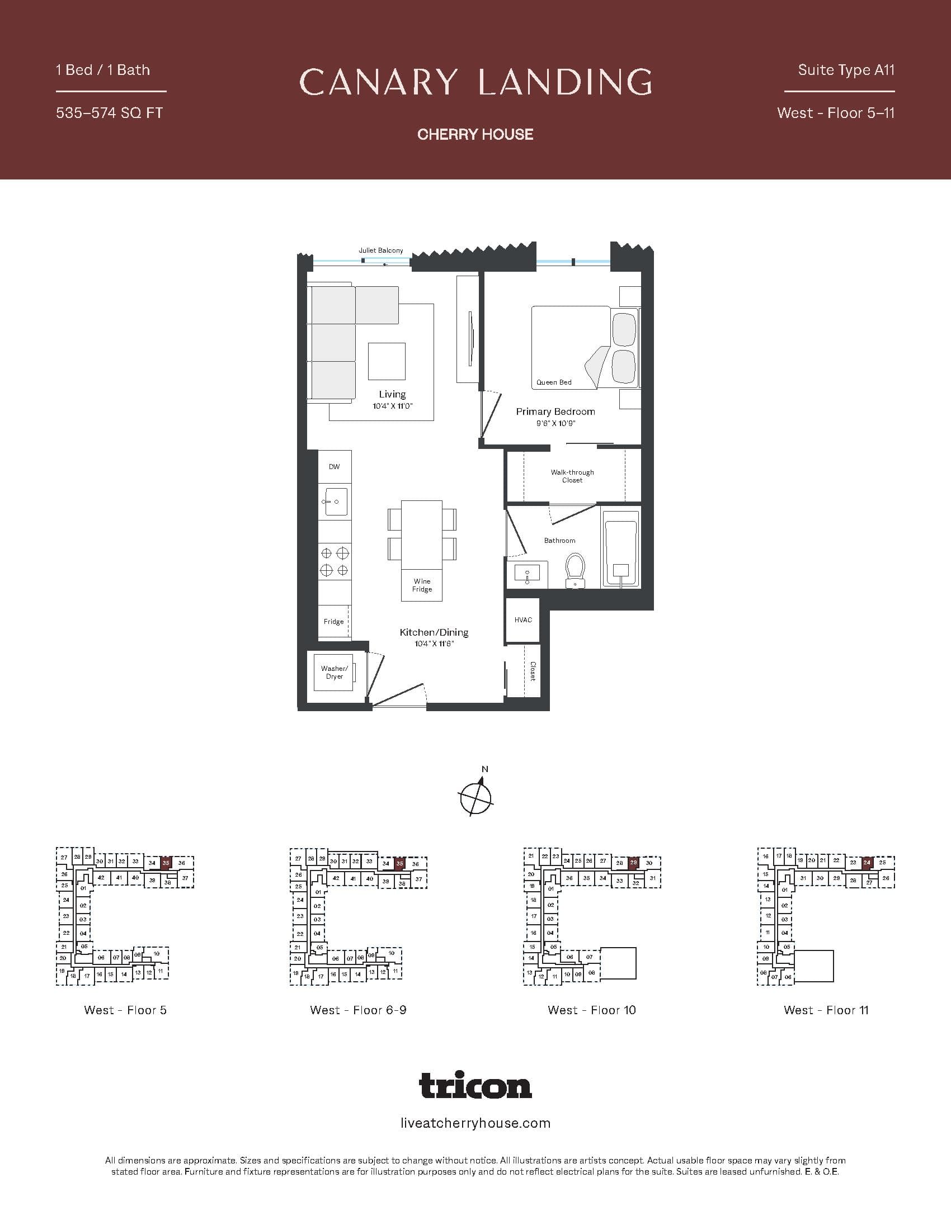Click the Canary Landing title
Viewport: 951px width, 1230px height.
(475, 82)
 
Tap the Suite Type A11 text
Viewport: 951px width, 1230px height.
(846, 70)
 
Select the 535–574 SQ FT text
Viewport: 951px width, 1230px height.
(109, 113)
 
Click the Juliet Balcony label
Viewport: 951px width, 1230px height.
(381, 250)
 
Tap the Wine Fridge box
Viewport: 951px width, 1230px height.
(422, 585)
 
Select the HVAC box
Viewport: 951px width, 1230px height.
(523, 620)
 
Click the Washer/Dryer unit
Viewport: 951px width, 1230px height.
(334, 673)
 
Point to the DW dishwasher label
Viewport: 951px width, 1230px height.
(334, 467)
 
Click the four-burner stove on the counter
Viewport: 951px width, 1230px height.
(334, 561)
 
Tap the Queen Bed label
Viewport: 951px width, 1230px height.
(553, 382)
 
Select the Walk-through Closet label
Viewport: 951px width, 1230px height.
(572, 476)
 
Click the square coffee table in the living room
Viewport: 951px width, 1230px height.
(387, 361)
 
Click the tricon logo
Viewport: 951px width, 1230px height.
(475, 1085)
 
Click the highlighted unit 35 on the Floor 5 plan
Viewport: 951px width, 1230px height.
(166, 863)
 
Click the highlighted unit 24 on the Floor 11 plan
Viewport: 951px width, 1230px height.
(867, 862)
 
